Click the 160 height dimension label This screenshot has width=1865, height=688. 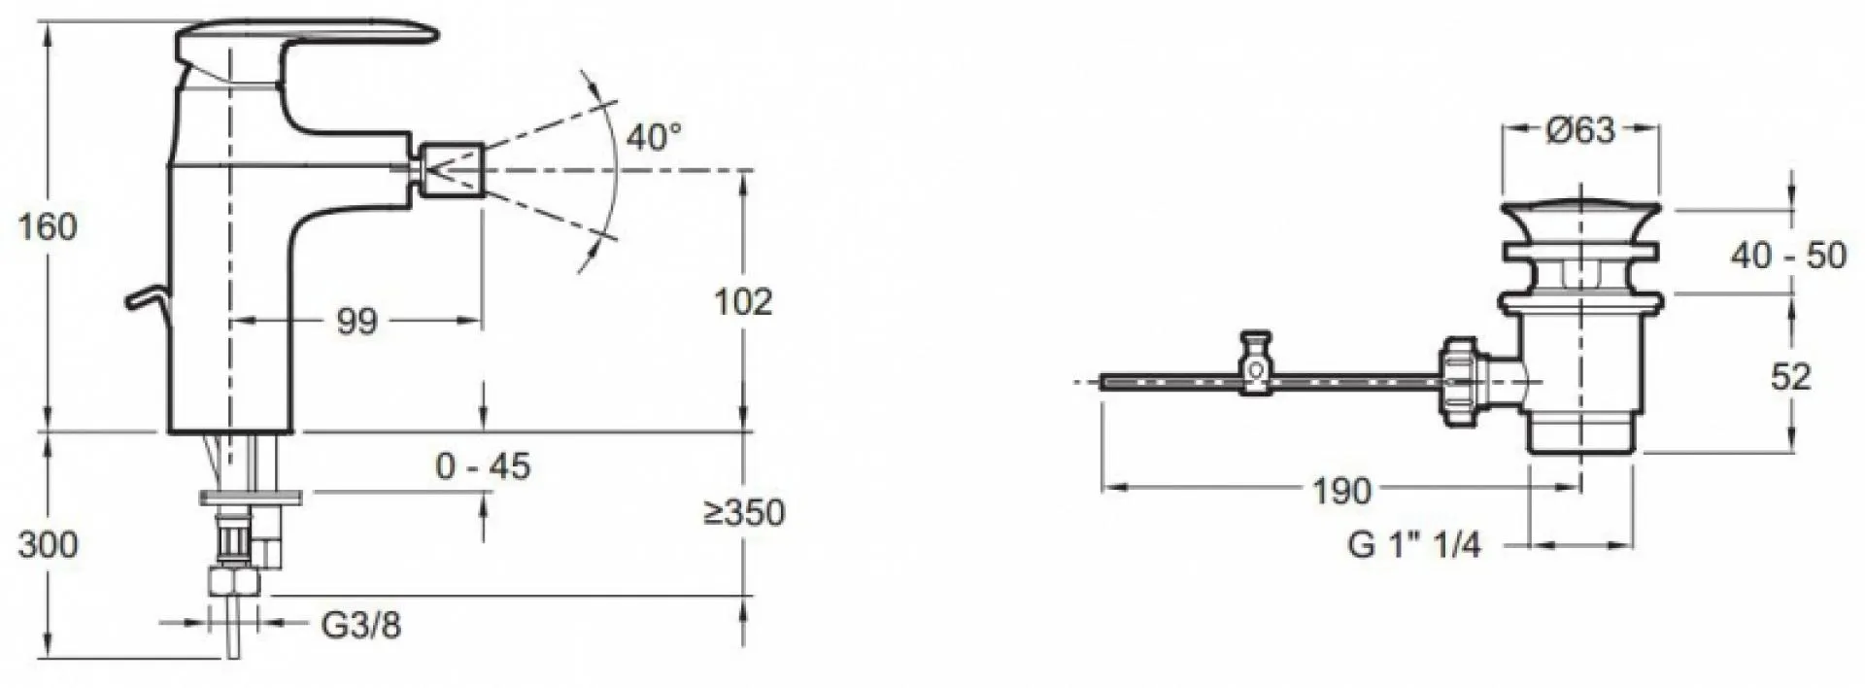tap(48, 227)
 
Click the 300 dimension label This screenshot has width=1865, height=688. tap(48, 544)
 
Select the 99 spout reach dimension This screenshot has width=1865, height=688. tap(356, 322)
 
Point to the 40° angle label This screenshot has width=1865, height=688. tap(653, 137)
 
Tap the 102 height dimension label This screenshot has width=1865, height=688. tap(743, 302)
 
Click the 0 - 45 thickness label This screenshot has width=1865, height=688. tap(484, 466)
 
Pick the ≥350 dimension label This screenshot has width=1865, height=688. tap(743, 512)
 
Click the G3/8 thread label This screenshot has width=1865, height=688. tap(360, 626)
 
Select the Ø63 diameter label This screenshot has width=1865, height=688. tap(1580, 129)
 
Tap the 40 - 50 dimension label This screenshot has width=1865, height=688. tap(1788, 256)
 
